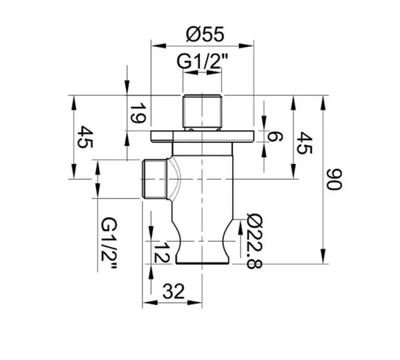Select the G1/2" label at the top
[203, 61]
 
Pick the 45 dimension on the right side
[303, 146]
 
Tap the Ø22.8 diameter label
[252, 241]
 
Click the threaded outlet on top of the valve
[203, 108]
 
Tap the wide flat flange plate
[203, 135]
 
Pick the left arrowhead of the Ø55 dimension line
[154, 47]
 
